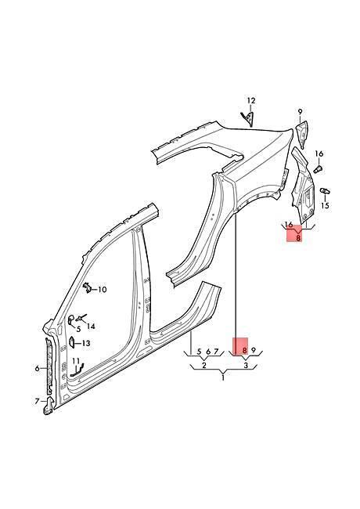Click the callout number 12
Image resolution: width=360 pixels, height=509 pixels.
(251, 101)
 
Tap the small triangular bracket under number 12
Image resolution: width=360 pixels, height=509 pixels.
(247, 117)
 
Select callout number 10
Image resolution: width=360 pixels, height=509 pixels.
(102, 289)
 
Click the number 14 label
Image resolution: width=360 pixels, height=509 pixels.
(91, 327)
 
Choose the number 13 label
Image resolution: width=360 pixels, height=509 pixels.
(86, 343)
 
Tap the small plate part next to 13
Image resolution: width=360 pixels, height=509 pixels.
(71, 342)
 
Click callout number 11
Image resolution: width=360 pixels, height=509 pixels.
(76, 361)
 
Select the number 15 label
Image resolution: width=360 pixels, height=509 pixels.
(325, 205)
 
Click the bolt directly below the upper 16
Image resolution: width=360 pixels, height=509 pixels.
(319, 169)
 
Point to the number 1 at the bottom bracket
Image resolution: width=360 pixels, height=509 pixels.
(223, 378)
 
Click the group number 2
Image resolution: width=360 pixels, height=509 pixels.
(204, 366)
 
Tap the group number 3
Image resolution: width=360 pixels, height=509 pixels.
(246, 366)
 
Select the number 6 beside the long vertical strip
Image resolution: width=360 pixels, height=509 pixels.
(38, 368)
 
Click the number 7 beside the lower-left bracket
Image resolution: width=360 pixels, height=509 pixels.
(37, 401)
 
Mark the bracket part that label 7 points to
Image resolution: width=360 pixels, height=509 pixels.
(49, 406)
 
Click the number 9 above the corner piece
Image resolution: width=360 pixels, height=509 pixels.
(300, 112)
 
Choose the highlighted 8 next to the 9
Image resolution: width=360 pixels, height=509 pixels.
(244, 351)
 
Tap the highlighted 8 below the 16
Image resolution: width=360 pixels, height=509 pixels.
(298, 238)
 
